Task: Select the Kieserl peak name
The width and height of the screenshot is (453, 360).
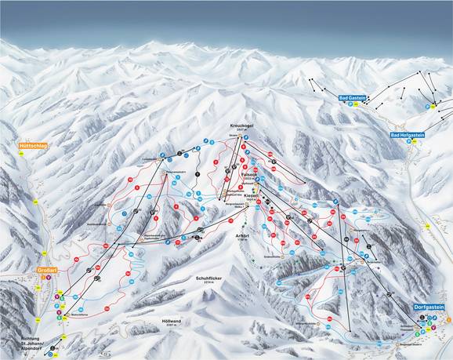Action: (251, 194)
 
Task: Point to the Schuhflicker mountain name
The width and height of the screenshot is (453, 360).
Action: (202, 275)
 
